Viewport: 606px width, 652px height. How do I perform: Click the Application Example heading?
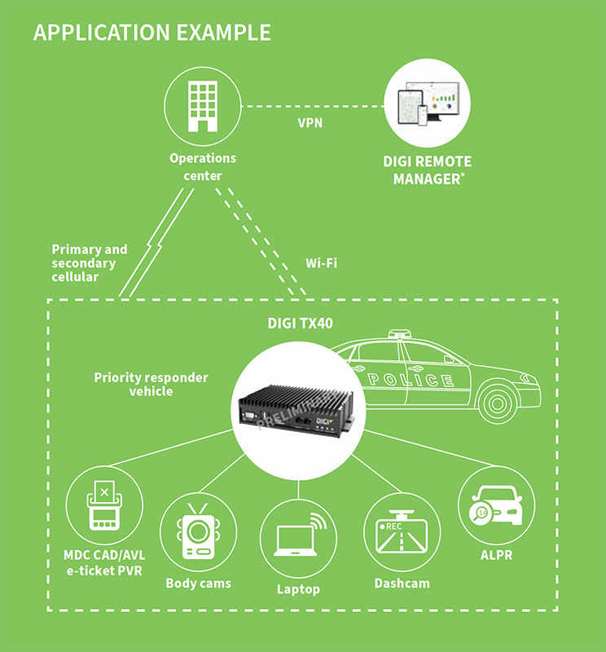point(151,33)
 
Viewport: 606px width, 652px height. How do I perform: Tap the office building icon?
point(202,105)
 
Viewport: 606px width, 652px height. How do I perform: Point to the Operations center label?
point(202,166)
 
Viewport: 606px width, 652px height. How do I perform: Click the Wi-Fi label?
point(321,263)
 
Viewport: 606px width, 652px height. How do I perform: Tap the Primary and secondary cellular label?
point(89,263)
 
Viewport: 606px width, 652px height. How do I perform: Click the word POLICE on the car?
point(411,380)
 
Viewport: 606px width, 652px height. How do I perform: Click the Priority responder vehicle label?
point(151,384)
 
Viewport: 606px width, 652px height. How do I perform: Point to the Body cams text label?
point(198,584)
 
